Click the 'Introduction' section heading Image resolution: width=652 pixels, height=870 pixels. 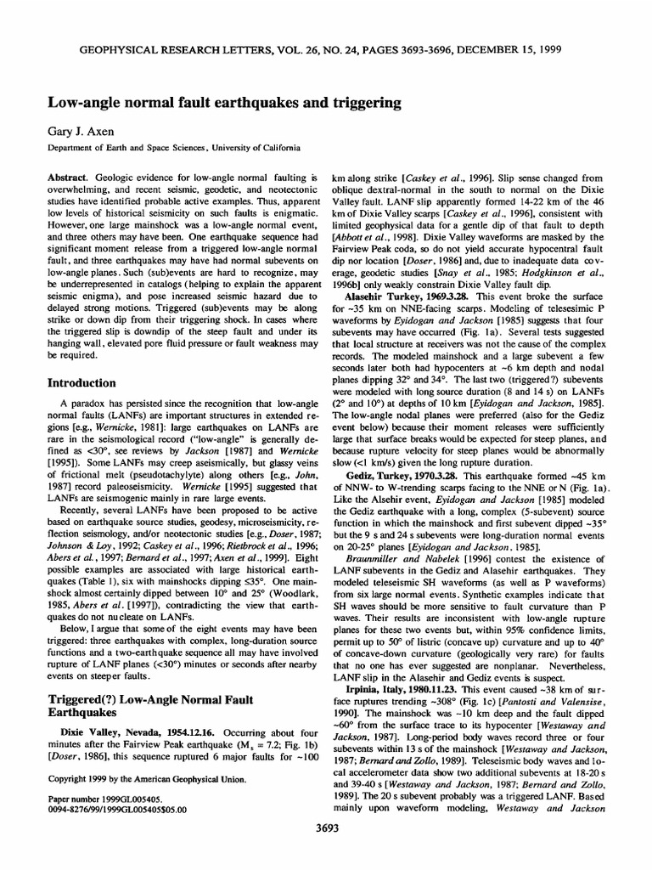[82, 382]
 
